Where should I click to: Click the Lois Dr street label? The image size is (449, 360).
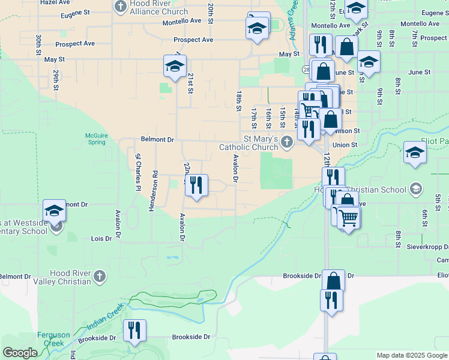coord(101,238)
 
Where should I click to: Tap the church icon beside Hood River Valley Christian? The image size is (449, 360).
coord(100,277)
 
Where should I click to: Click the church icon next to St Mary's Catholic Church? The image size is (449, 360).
coord(287,142)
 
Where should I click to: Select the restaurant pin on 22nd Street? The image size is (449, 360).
coord(196,185)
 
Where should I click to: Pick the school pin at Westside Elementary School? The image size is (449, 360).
coord(54,211)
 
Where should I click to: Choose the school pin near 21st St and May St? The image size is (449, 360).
coord(175,66)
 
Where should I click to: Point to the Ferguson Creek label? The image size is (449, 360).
coord(54,339)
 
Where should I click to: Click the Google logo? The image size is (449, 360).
coord(19,353)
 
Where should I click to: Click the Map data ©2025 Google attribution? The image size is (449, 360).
coord(412,355)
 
